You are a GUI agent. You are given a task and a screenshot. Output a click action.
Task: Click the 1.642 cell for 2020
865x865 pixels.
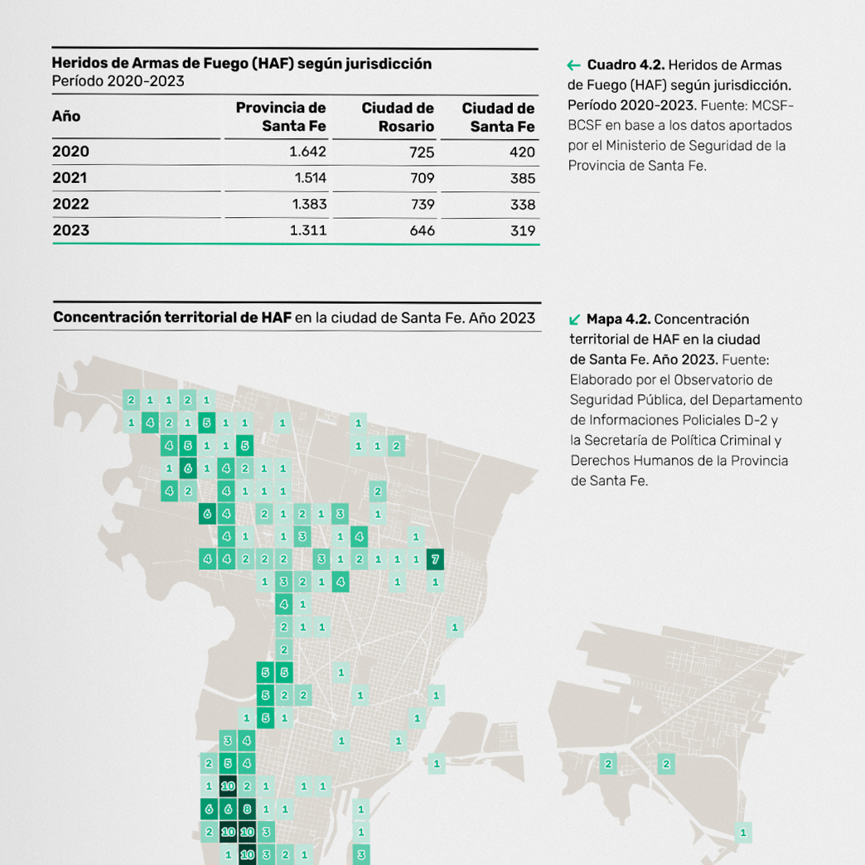307,152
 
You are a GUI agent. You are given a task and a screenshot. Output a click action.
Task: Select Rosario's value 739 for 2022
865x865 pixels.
422,205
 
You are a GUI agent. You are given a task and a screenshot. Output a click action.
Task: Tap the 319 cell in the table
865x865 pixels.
523,231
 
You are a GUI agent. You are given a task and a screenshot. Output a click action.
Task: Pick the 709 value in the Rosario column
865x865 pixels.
422,178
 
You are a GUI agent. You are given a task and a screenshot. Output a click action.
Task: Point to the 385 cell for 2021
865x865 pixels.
523,178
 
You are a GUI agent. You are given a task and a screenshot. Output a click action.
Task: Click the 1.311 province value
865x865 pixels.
308,230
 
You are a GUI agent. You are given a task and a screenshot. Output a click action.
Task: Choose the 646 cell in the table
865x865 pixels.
422,231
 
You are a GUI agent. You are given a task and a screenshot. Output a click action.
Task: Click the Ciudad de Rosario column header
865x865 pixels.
398,118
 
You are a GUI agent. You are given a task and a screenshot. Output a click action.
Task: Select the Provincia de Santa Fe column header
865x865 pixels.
281,117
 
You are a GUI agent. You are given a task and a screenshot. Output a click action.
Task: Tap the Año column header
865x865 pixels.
66,116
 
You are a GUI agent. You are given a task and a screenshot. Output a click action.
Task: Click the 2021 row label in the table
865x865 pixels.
70,177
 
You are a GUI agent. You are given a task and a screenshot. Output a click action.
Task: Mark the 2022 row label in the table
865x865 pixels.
70,204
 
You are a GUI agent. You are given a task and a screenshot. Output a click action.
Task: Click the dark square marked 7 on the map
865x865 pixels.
435,559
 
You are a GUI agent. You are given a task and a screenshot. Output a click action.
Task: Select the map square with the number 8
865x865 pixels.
246,809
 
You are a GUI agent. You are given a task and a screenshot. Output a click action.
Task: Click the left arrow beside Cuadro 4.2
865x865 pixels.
573,65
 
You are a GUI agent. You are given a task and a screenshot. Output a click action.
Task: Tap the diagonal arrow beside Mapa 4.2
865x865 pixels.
575,319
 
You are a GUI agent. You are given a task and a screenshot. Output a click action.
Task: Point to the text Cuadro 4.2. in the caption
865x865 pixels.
626,65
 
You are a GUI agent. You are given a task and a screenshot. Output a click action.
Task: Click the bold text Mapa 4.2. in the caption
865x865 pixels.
619,319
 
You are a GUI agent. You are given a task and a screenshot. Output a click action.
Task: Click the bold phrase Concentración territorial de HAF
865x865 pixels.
172,317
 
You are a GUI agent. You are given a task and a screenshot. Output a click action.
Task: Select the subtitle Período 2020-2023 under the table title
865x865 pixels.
118,81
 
